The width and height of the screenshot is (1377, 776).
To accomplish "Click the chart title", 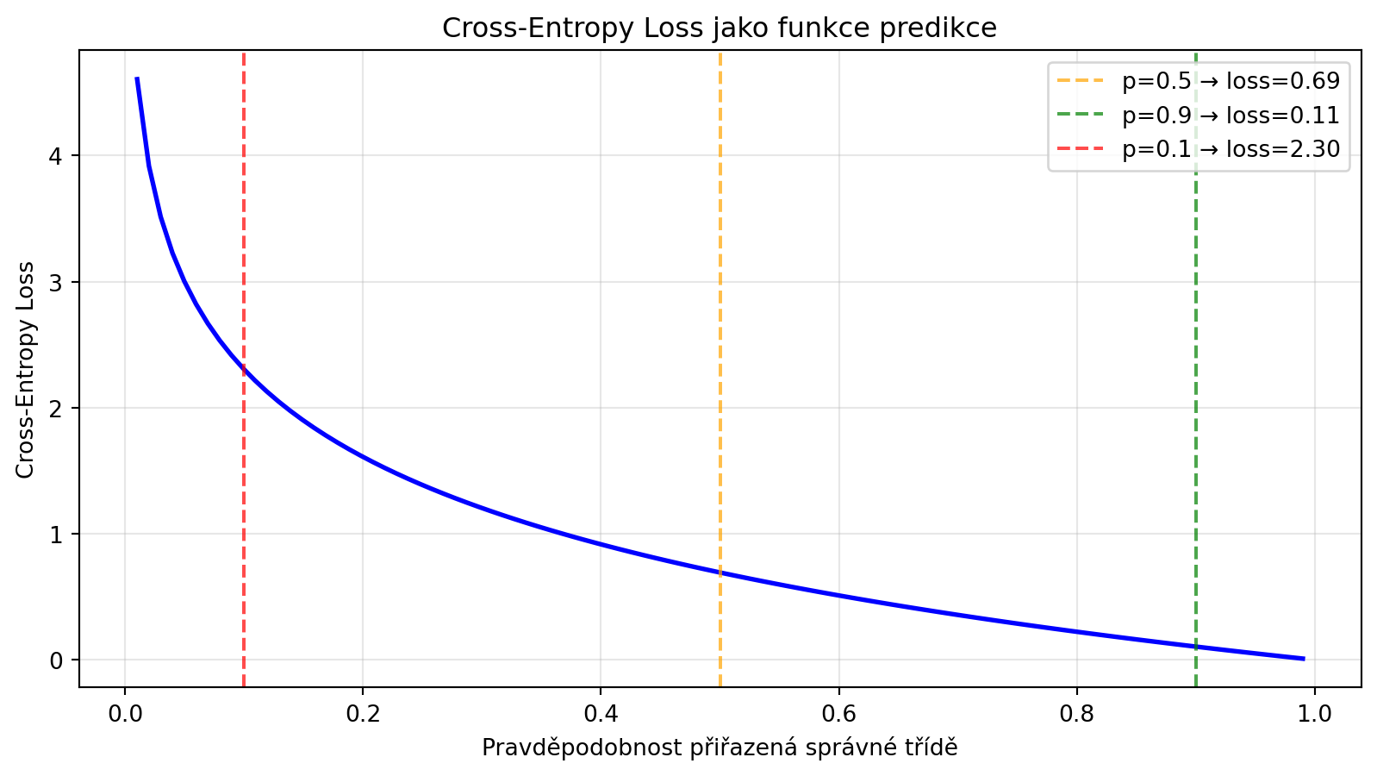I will [x=720, y=28].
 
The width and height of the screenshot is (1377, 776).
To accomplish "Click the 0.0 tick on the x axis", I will [x=125, y=713].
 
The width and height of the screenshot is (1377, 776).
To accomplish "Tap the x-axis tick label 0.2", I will [x=363, y=713].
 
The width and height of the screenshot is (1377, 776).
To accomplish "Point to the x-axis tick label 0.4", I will [x=601, y=713].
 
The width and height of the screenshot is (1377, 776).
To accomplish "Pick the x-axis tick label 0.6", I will [x=838, y=713].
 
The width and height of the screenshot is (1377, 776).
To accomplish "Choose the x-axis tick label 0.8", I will [x=1076, y=713].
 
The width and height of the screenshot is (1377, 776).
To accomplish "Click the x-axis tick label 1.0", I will [x=1314, y=713].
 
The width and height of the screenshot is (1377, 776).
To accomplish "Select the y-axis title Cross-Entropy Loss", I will [x=25, y=369].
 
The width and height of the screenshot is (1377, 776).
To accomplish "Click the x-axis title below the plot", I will [x=720, y=748].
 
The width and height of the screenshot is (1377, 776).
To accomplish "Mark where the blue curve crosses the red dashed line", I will [x=244, y=370].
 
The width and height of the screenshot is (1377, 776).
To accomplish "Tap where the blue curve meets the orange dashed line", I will [x=720, y=573].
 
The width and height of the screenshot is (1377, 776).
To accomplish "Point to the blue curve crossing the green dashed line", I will [x=1195, y=647].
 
